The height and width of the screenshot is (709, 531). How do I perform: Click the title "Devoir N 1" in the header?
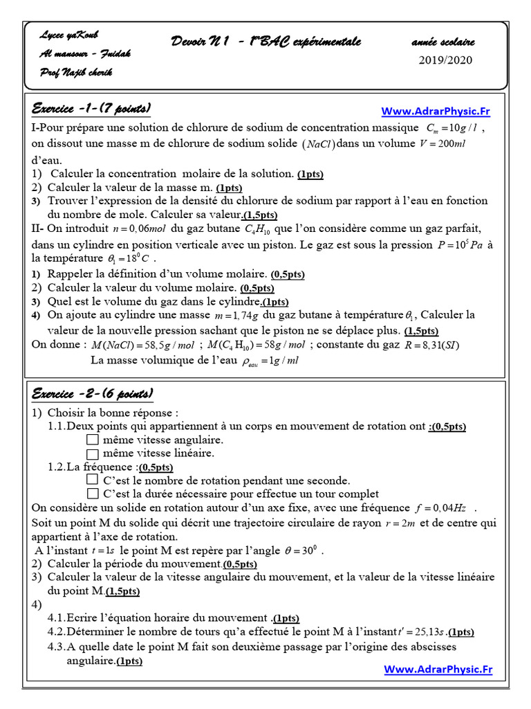(x=201, y=42)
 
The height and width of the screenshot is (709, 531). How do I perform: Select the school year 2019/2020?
(x=446, y=60)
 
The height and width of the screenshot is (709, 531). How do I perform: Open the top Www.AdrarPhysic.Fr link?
(x=436, y=111)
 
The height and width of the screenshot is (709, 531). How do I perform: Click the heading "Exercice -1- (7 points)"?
(x=91, y=109)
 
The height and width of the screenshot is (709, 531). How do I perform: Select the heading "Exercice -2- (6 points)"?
(x=92, y=394)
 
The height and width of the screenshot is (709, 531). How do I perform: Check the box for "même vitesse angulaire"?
(x=93, y=440)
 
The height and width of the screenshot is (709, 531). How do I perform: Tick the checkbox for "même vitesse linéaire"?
(x=93, y=454)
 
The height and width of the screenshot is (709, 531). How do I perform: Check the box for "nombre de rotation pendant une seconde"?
(x=93, y=480)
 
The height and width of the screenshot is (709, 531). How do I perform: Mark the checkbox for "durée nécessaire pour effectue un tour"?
(x=93, y=494)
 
